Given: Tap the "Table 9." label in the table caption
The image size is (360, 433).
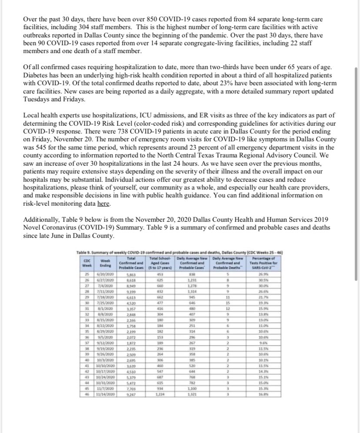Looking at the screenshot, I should (x=85, y=253).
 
